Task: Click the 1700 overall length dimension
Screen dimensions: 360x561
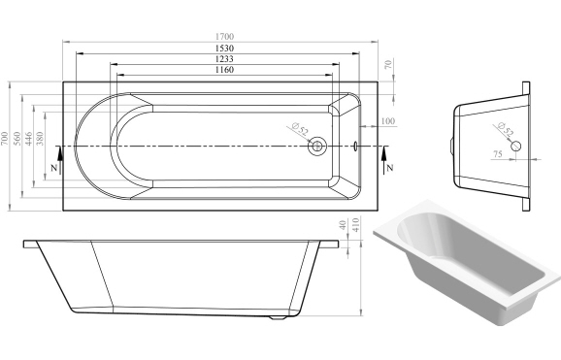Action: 224,37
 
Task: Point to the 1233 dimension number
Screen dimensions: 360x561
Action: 224,60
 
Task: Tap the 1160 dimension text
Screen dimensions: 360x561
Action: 224,71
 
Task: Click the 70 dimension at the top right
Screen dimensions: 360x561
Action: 388,65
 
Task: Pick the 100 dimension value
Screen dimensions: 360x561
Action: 388,120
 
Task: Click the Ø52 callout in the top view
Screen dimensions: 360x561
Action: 300,128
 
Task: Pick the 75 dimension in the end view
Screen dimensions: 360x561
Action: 497,153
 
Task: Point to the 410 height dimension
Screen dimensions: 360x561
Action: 355,233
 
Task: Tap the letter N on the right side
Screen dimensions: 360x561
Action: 389,168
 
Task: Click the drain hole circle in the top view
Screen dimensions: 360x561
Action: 317,147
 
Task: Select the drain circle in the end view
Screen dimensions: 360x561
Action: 517,146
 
